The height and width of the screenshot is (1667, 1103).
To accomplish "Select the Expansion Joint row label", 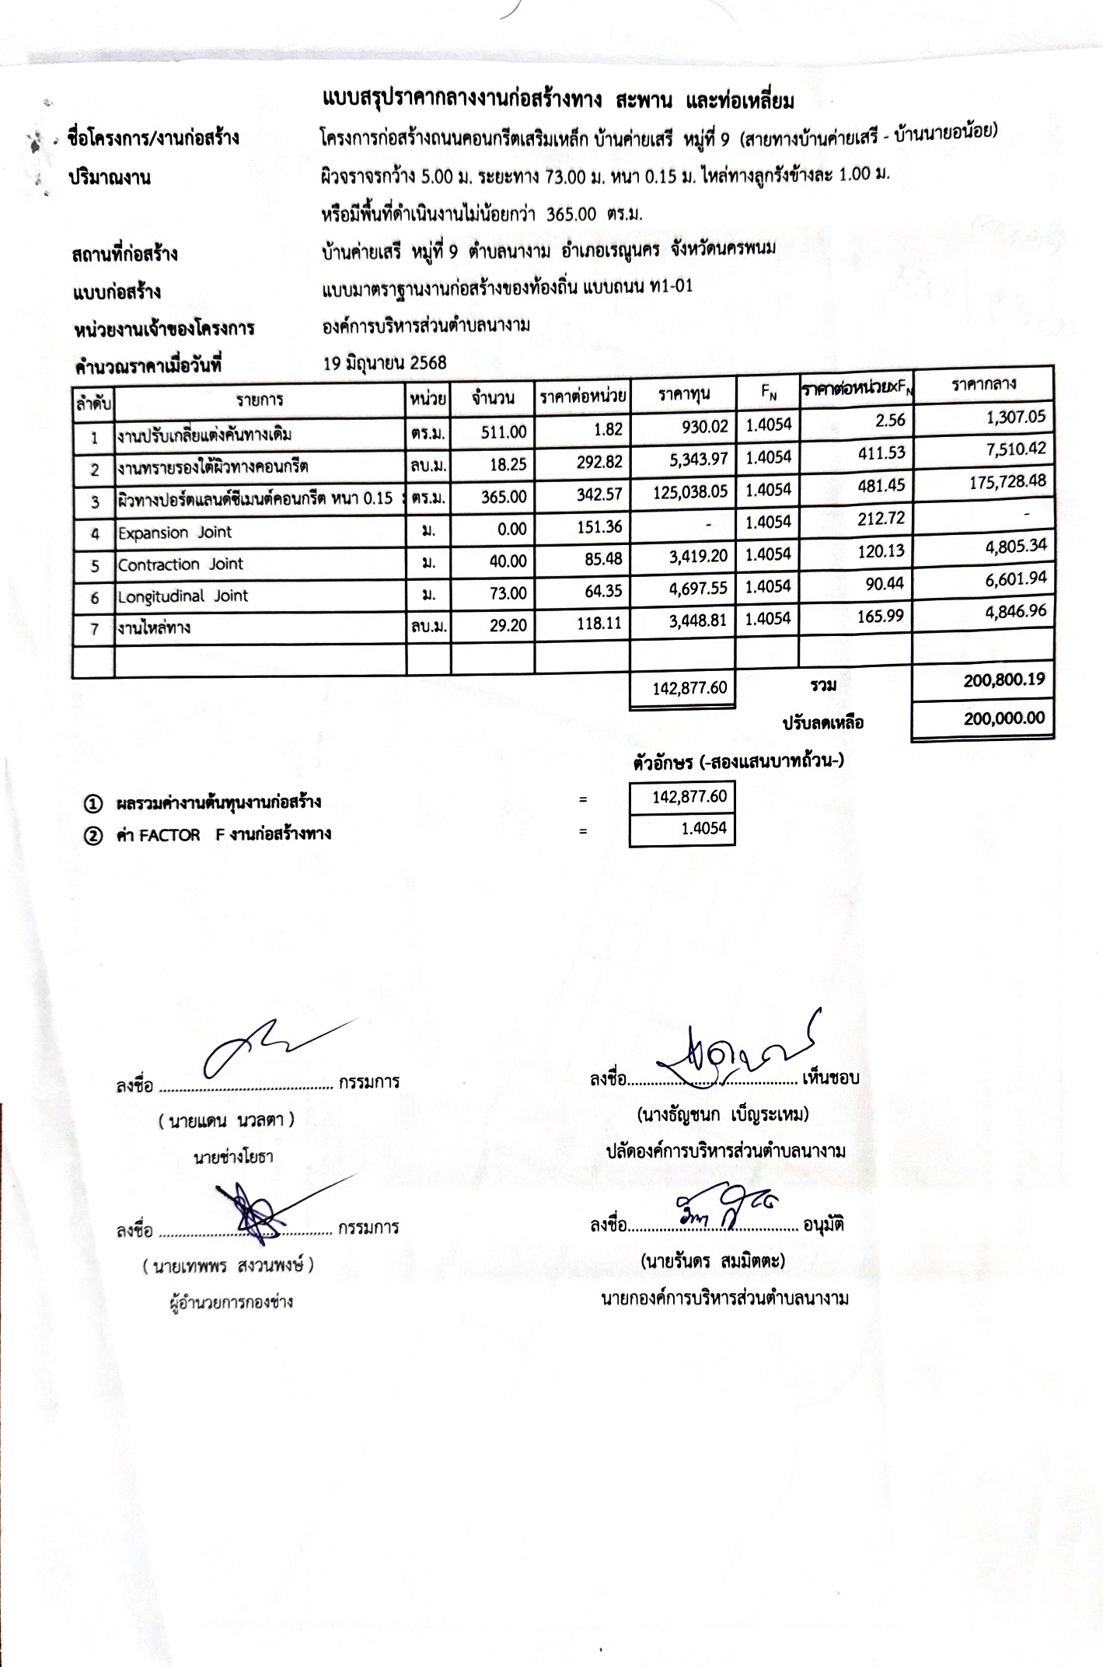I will coord(174,533).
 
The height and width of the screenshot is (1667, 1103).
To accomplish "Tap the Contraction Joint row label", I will coord(180,564).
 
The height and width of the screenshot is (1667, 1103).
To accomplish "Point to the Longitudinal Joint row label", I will coord(182,596).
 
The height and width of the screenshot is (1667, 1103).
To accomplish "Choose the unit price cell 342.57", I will coord(599,495).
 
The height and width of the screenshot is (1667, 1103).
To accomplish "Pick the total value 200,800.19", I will coord(1004,680).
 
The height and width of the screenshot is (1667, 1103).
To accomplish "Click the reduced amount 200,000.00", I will coord(1004,718).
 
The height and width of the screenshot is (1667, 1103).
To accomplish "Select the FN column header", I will coord(768,393).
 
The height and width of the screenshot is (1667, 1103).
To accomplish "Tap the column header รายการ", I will coord(260,400).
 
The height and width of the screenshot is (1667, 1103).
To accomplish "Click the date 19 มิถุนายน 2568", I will coord(385,362).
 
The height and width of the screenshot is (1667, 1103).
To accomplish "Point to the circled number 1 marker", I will coord(92,802).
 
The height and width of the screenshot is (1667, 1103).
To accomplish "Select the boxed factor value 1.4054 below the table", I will coord(703,828).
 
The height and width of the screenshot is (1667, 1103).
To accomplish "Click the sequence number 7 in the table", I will coord(94,629).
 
